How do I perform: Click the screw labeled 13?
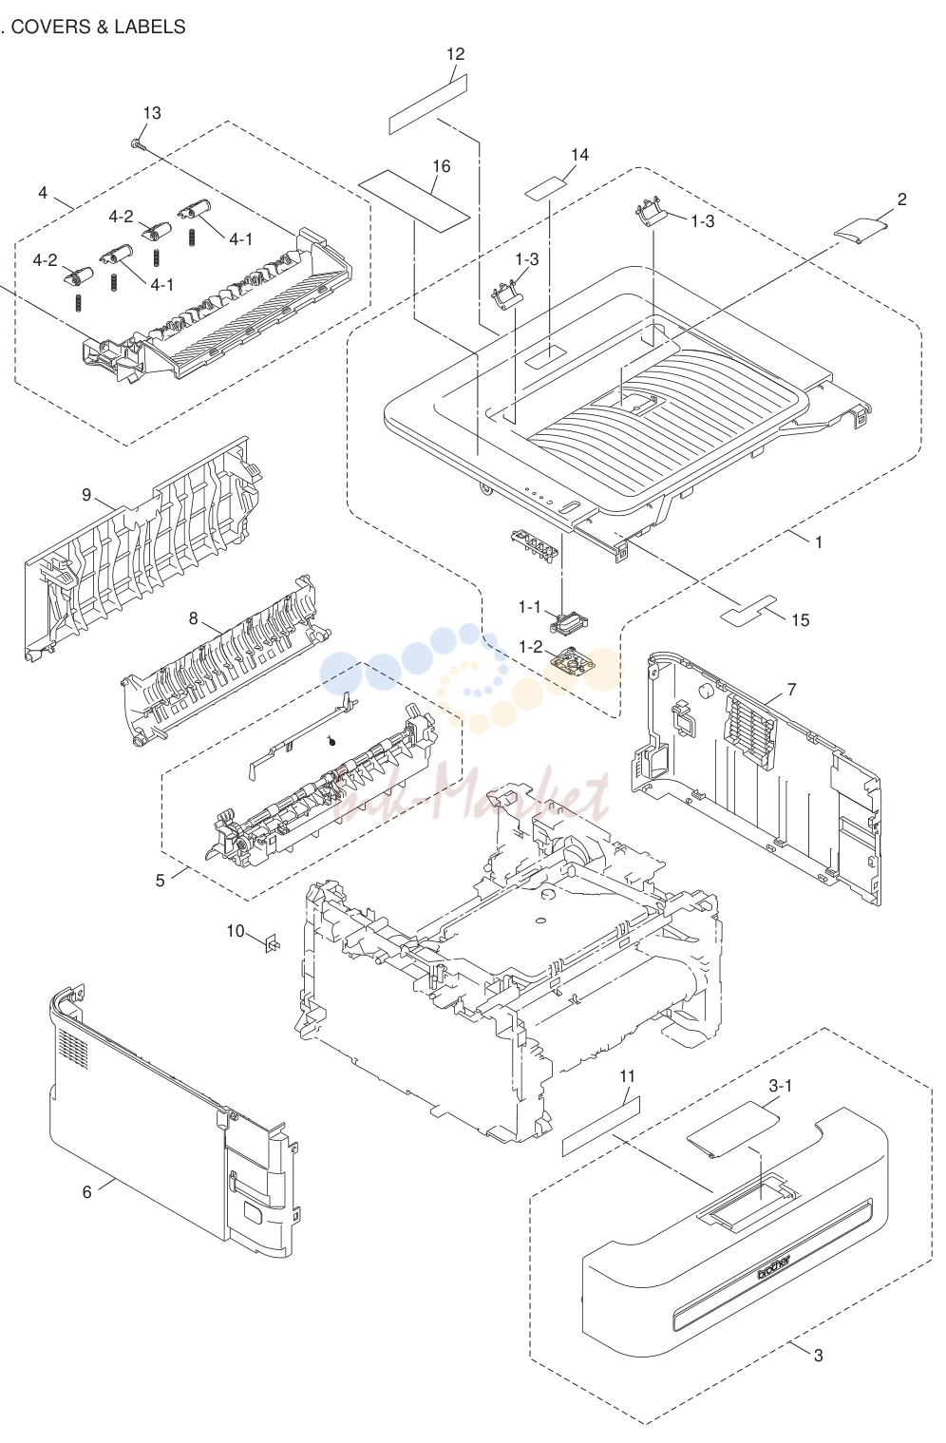137,144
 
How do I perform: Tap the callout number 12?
455,54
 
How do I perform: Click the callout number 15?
800,619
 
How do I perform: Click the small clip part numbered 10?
272,942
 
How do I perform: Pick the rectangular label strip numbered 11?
601,1126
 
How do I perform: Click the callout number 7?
791,690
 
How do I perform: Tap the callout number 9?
87,495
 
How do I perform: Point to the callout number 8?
193,618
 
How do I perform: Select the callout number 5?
161,880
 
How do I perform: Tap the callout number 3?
819,1356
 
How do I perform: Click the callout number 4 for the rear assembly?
43,193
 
